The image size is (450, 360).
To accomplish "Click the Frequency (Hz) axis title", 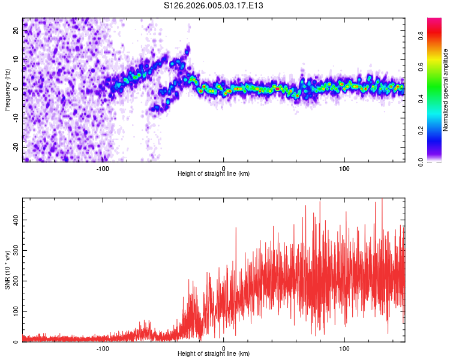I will [x=8, y=89].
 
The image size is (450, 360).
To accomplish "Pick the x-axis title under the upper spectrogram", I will [x=214, y=174].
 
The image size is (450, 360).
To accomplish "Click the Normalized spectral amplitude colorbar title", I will [x=446, y=90].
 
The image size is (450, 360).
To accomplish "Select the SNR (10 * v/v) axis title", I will [x=8, y=269].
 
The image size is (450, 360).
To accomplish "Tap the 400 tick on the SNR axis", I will [x=15, y=220].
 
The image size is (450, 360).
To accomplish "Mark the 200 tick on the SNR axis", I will [x=15, y=281].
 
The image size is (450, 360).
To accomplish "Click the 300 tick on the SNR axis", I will [x=15, y=250].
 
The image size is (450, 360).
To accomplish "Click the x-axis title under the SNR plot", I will [x=214, y=354].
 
